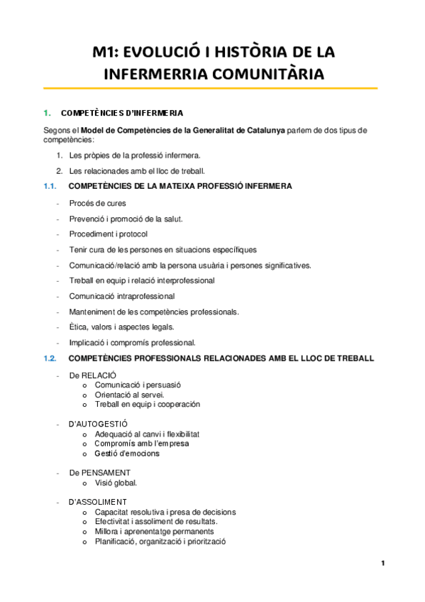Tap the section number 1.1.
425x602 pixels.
point(50,186)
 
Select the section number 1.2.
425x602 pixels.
point(50,359)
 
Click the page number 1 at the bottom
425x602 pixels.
point(382,564)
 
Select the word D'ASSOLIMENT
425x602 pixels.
point(98,501)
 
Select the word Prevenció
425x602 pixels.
point(88,219)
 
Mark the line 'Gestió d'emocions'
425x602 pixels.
point(127,453)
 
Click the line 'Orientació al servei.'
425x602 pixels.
point(130,394)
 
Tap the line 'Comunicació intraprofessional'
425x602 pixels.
point(122,296)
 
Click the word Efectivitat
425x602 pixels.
point(114,521)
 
